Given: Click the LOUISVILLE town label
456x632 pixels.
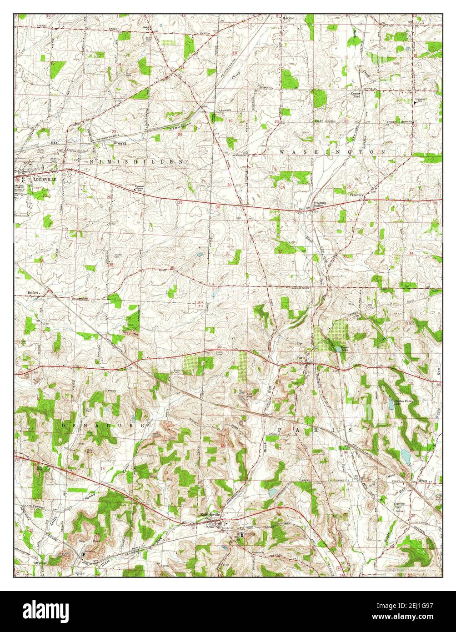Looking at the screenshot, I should click(x=42, y=180).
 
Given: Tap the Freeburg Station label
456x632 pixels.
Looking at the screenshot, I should click(x=318, y=204).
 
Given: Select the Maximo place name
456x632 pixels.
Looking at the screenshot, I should click(x=288, y=18).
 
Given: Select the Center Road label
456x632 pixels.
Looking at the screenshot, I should click(x=355, y=95).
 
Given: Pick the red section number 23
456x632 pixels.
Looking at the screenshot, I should click(x=114, y=132).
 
